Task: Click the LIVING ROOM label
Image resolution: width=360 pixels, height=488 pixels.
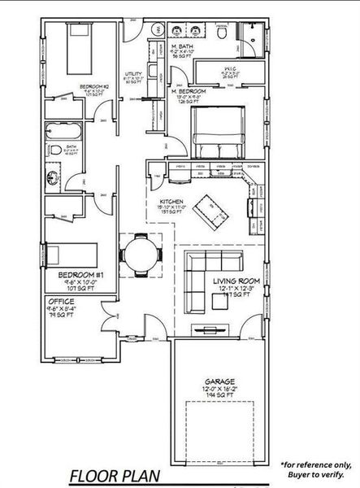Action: pyautogui.click(x=235, y=281)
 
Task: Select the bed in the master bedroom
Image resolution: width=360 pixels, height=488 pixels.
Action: pyautogui.click(x=219, y=131)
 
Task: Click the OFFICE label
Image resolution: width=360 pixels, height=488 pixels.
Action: pyautogui.click(x=61, y=302)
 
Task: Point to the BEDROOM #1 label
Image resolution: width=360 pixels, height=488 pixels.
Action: pyautogui.click(x=80, y=276)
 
